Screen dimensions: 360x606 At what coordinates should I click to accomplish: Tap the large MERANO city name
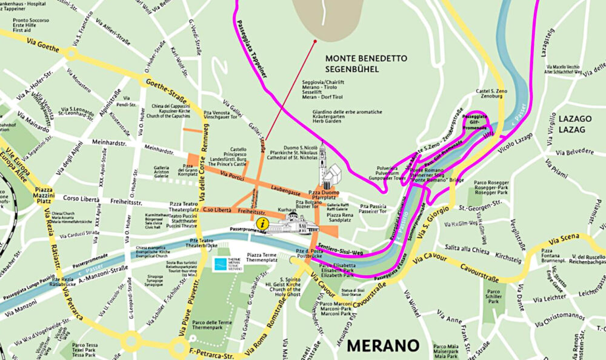click(383, 346)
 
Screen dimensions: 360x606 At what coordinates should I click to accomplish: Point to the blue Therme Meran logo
click(228, 264)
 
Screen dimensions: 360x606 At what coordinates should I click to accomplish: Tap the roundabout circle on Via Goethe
click(71, 54)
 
